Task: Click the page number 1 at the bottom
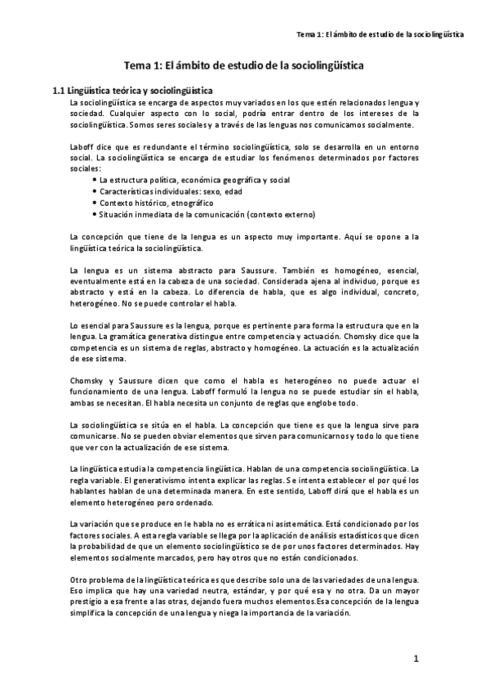coord(416,658)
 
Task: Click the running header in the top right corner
coord(380,35)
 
